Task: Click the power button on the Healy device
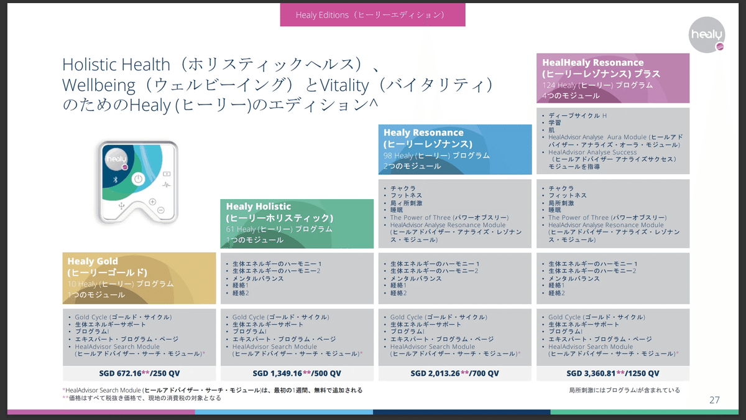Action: pyautogui.click(x=138, y=179)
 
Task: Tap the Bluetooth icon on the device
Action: pyautogui.click(x=114, y=179)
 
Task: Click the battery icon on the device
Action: pyautogui.click(x=166, y=174)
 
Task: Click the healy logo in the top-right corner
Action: pyautogui.click(x=707, y=35)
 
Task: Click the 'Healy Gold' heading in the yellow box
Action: pyautogui.click(x=93, y=261)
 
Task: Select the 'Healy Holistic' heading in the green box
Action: pyautogui.click(x=259, y=207)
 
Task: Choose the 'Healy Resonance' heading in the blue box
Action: pyautogui.click(x=423, y=133)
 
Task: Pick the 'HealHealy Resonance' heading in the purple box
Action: pyautogui.click(x=592, y=63)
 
